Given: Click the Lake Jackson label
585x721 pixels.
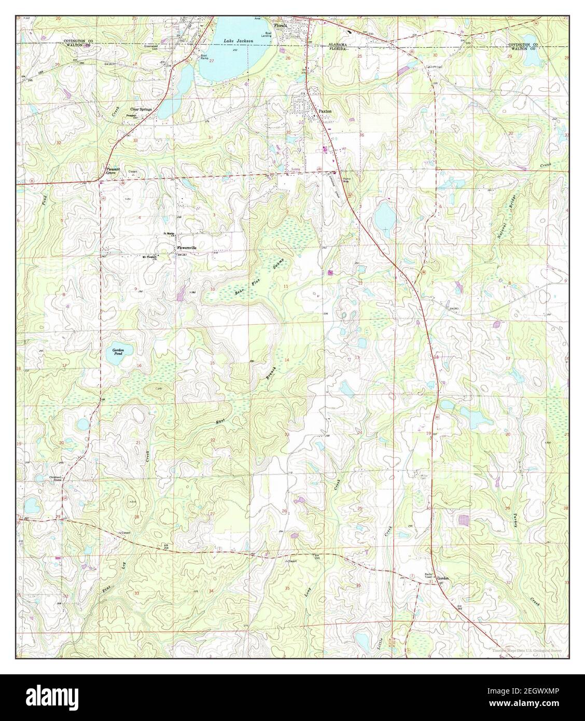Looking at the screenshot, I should pyautogui.click(x=235, y=40).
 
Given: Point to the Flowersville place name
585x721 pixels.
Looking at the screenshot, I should pyautogui.click(x=190, y=248).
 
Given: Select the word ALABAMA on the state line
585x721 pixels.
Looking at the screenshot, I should pyautogui.click(x=338, y=45).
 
